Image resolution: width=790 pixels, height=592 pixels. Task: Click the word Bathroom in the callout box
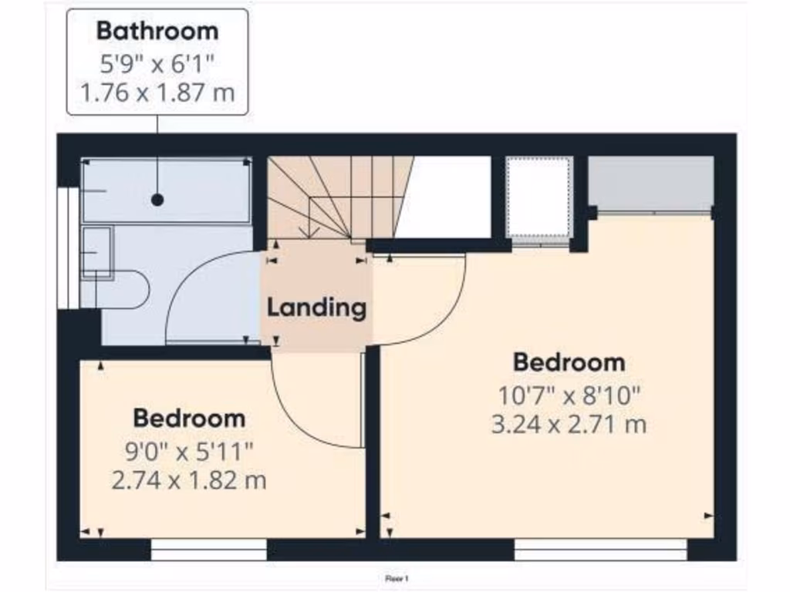pos(157,32)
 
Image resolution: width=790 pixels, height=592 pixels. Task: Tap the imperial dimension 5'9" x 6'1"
pos(157,64)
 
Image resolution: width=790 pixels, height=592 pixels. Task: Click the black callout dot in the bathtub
pos(157,200)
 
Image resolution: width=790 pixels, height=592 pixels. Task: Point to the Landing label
pos(316,308)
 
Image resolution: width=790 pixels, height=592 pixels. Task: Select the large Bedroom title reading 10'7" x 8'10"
pos(569,362)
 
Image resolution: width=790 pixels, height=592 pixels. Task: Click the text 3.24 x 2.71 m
pos(569,425)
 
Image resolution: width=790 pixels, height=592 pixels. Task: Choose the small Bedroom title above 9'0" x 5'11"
pos(189,419)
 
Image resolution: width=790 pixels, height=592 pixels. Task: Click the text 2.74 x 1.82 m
pos(189,481)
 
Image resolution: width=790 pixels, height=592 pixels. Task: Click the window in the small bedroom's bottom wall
pos(208,550)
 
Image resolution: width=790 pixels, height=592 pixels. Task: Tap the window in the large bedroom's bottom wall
pos(600,550)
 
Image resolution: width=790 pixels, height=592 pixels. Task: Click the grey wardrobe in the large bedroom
pos(650,183)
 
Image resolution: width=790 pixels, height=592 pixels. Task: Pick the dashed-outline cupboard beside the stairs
pos(538,200)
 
